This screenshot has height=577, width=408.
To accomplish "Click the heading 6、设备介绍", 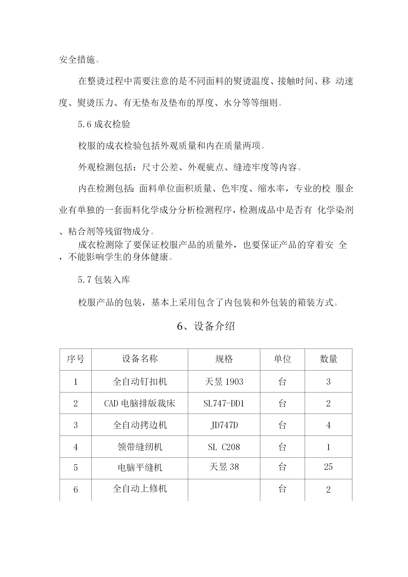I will tap(206, 326).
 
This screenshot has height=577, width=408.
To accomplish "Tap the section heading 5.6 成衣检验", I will tap(104, 124).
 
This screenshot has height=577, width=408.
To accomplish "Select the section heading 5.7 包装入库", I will tap(104, 280).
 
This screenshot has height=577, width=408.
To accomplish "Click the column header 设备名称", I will tap(140, 359).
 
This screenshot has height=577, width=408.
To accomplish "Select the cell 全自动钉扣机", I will tap(140, 382).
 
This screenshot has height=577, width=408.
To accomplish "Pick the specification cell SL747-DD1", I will tap(224, 403).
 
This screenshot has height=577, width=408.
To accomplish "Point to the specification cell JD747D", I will tap(224, 425).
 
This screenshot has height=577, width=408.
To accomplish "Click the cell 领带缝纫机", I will tap(140, 447).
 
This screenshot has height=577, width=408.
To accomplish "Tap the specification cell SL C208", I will tap(224, 447).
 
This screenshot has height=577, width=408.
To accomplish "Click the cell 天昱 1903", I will tap(224, 382).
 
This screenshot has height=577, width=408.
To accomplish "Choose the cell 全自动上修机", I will tap(140, 488).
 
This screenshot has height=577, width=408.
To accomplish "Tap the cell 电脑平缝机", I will tap(140, 467).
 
